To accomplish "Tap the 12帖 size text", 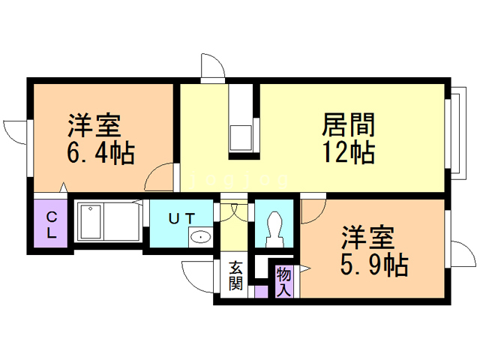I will point(349,152).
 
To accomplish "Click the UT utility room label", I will point(182,218).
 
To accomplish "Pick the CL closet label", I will point(52,225).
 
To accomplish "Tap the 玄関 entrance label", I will point(235,275).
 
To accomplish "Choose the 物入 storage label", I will point(284,281).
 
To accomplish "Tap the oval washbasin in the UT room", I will point(200,238).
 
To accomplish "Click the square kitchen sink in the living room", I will point(241,138).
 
